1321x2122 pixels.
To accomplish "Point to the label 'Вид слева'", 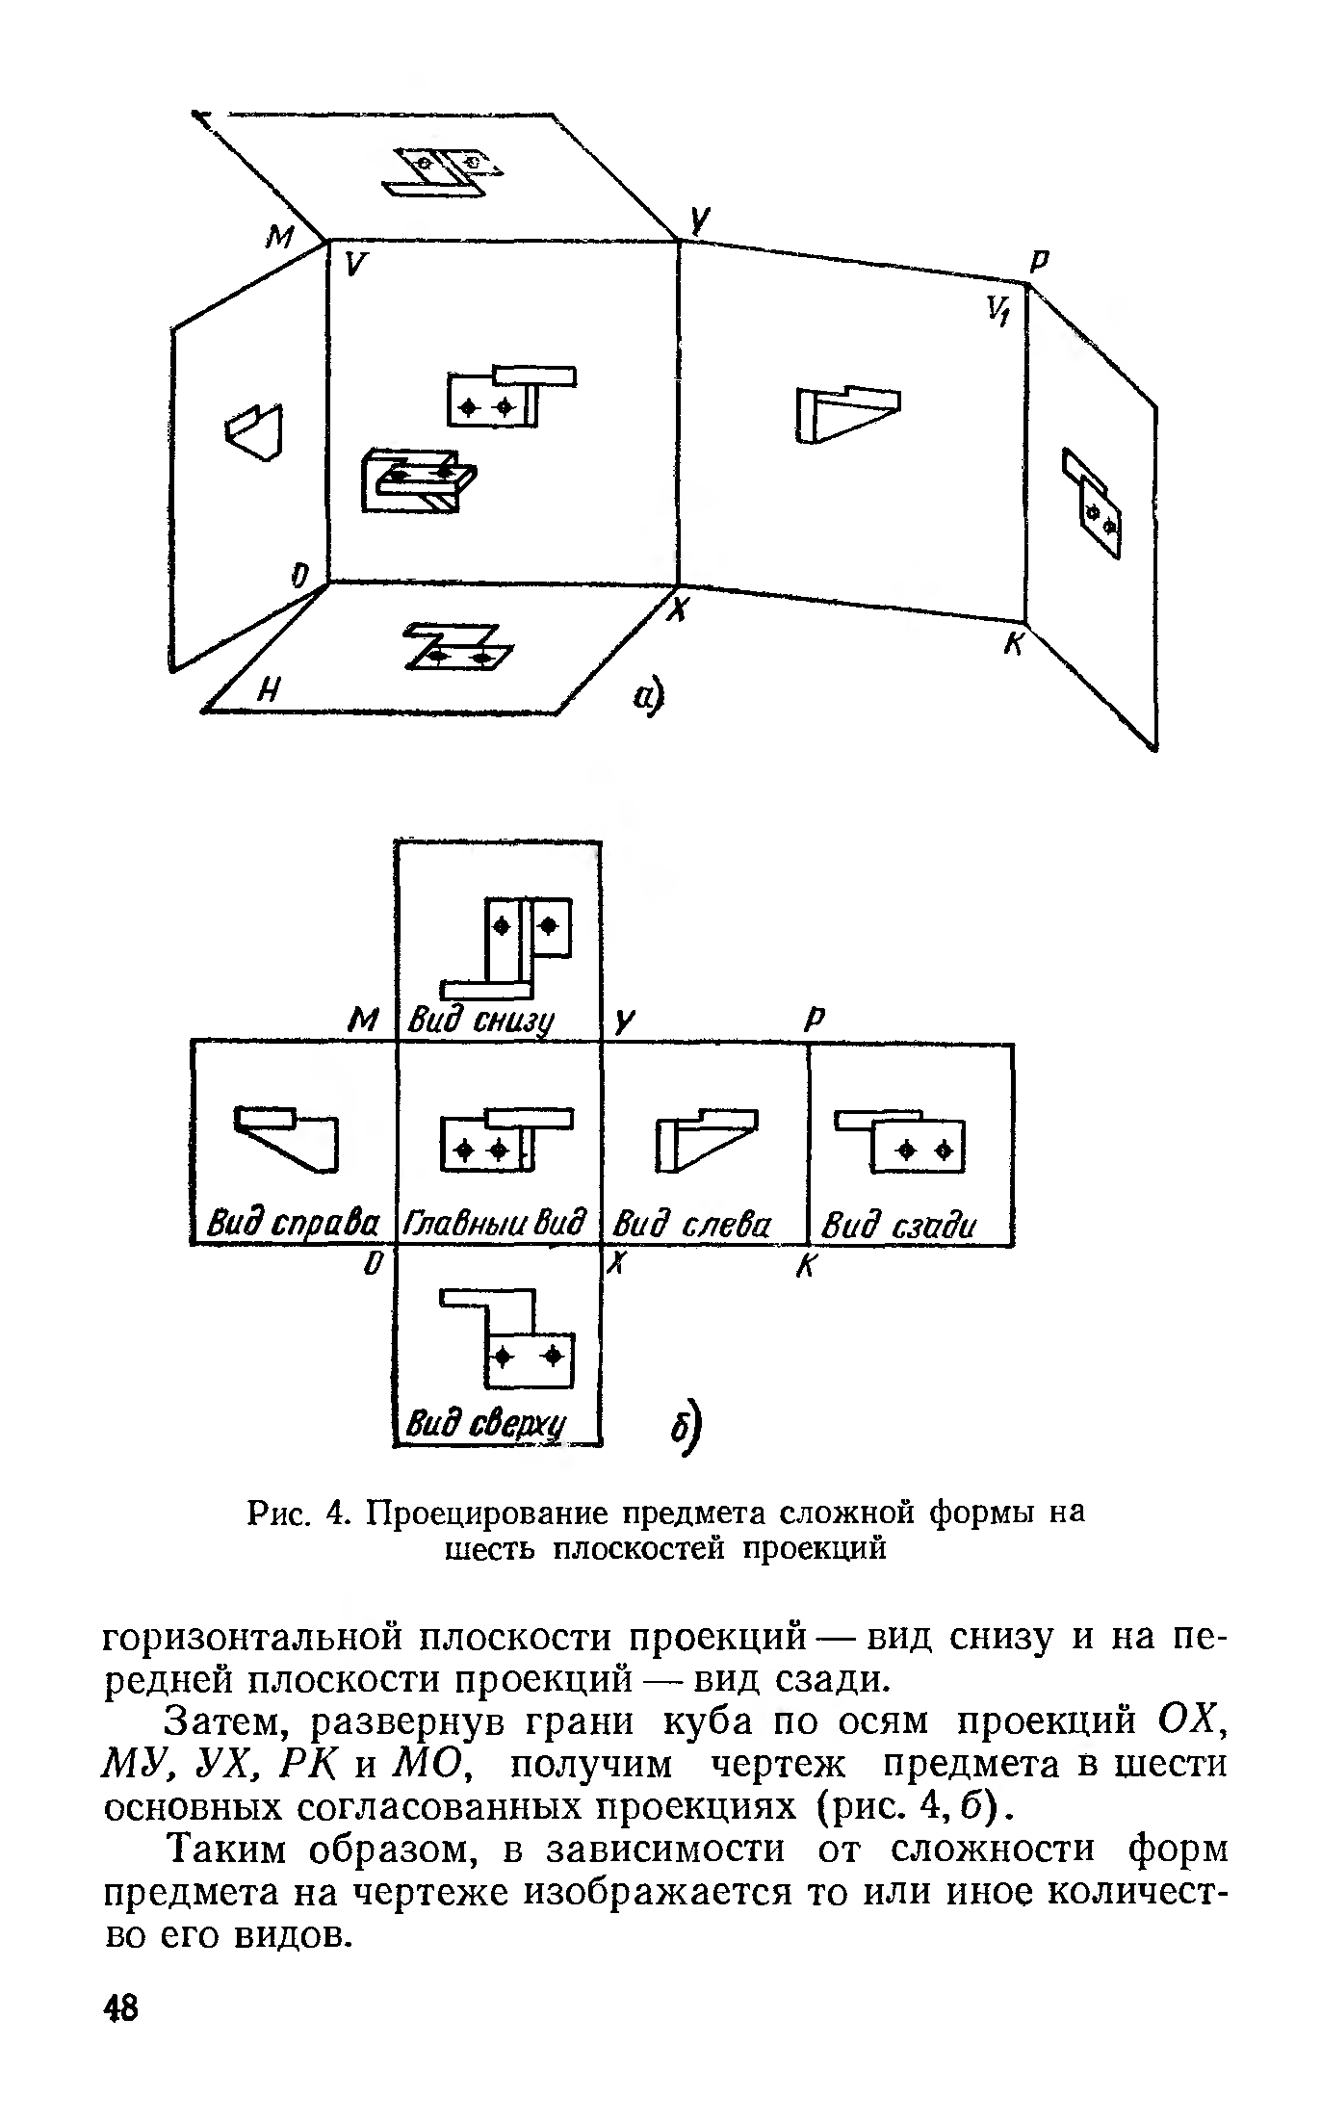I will [x=692, y=1226].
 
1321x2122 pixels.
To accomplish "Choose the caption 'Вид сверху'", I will [x=487, y=1424].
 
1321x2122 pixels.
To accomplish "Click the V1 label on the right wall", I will [x=996, y=310].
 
